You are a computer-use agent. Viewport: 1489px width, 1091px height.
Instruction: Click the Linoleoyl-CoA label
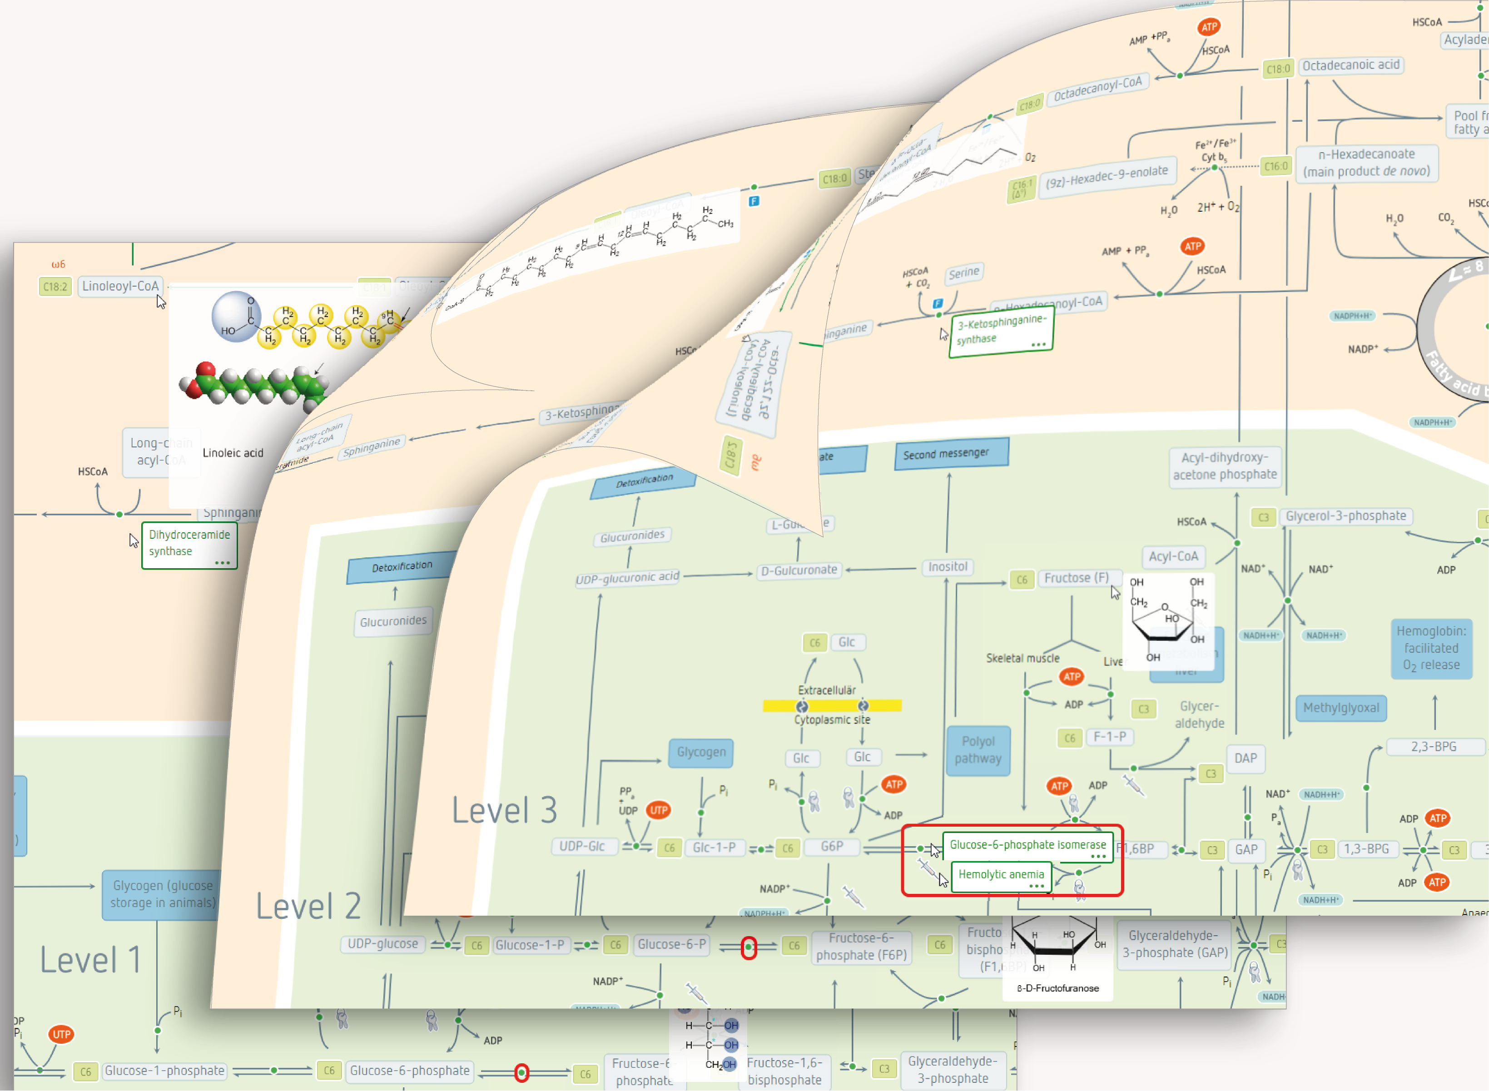tap(120, 287)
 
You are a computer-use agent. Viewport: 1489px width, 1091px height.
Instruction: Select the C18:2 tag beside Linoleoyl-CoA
tap(55, 287)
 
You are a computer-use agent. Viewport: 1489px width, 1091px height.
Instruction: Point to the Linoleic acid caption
tap(233, 453)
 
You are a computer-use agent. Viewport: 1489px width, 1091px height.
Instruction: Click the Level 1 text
tap(90, 960)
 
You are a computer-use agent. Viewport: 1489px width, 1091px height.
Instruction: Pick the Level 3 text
tap(505, 810)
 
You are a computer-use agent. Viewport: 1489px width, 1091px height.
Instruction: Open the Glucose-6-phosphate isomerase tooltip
tap(1027, 845)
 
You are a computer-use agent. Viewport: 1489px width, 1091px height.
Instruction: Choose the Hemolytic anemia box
tap(1001, 875)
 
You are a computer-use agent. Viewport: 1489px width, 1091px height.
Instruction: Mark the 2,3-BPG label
tap(1434, 747)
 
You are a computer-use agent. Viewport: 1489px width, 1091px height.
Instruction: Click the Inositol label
tap(948, 567)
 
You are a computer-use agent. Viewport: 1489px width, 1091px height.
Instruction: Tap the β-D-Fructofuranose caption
tap(1058, 989)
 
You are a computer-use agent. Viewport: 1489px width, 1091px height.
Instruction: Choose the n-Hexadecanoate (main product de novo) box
tap(1366, 163)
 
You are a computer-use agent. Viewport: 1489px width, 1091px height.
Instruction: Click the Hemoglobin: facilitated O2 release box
tap(1431, 648)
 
